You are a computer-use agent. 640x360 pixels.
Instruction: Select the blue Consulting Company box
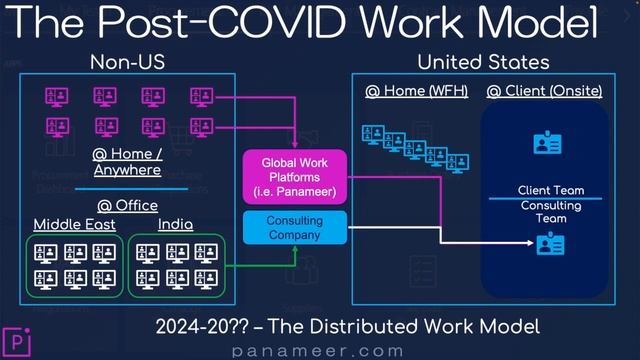pos(295,227)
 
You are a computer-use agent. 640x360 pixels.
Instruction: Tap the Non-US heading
pos(127,62)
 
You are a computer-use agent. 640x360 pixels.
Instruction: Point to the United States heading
pos(483,62)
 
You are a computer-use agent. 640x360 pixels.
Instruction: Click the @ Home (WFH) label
pos(410,92)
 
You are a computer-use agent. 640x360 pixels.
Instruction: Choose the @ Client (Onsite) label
pos(544,92)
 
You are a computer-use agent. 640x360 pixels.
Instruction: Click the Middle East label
pos(73,224)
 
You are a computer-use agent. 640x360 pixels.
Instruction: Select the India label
pos(175,224)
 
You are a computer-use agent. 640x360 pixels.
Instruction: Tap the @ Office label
pos(127,205)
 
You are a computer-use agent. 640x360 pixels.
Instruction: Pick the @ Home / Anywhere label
pos(127,162)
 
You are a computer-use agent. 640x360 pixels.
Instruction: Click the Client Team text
pos(551,191)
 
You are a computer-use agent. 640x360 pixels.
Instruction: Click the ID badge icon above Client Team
pos(548,144)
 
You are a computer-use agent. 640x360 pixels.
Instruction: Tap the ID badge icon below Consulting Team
pos(550,243)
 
